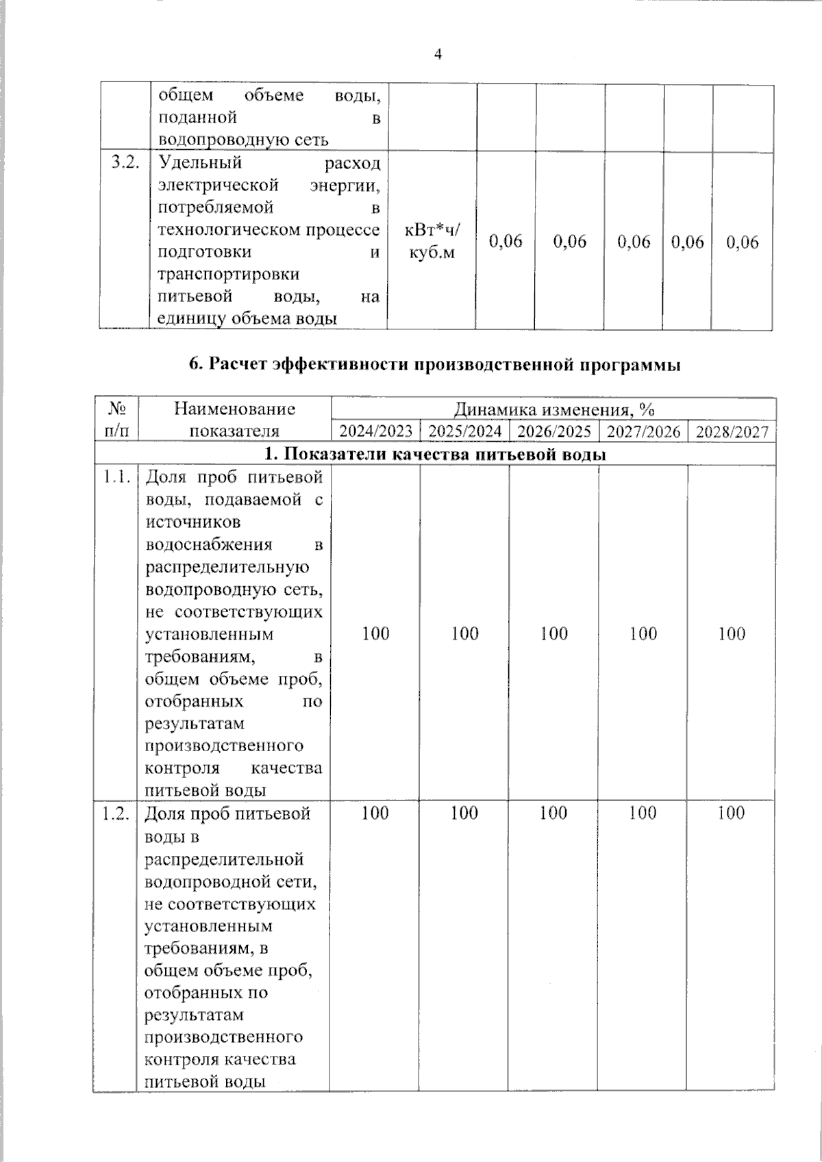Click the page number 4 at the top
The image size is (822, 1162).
tap(438, 54)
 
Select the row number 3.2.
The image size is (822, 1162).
tap(125, 163)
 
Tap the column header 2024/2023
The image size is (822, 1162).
tap(376, 431)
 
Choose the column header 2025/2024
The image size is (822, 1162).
tap(465, 431)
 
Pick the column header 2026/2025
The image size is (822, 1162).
tap(553, 431)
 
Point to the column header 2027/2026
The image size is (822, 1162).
tap(643, 431)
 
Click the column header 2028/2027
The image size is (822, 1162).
tap(732, 431)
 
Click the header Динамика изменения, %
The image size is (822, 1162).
tap(553, 409)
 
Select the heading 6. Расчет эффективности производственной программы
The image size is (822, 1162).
tap(435, 365)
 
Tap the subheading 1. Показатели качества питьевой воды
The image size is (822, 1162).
tap(435, 454)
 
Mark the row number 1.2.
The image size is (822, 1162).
tap(116, 813)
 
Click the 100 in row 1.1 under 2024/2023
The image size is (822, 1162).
tap(375, 633)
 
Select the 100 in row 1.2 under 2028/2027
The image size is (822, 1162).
tap(732, 813)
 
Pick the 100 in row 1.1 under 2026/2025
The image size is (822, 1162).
tap(553, 633)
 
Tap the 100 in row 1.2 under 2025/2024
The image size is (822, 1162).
tap(464, 813)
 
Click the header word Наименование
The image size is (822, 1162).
tap(234, 409)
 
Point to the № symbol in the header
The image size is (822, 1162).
tap(116, 409)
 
